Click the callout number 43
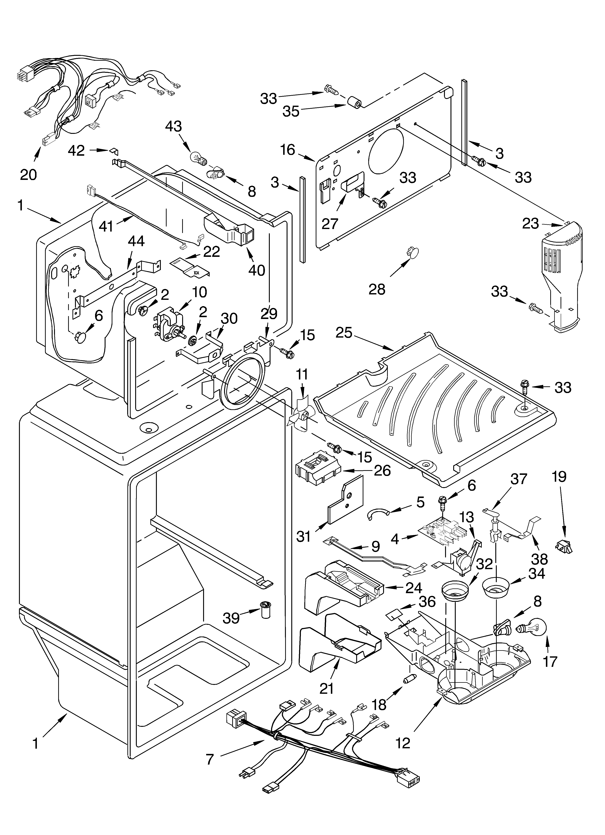tap(173, 127)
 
